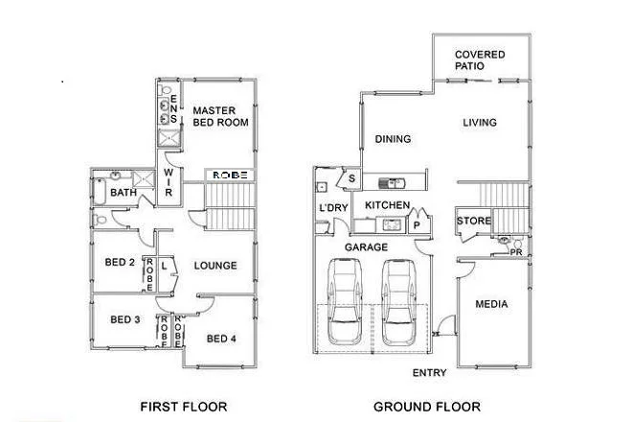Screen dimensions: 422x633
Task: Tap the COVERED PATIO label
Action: [480, 61]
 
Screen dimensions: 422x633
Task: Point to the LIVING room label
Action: [479, 122]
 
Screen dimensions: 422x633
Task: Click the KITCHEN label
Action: [388, 206]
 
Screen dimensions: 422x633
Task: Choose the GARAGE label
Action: [368, 246]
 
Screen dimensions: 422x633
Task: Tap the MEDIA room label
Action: [491, 305]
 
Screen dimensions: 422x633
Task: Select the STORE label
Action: [473, 222]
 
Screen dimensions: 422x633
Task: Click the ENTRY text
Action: [429, 372]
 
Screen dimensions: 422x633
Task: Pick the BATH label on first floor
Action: [123, 193]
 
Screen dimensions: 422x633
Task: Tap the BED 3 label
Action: [125, 319]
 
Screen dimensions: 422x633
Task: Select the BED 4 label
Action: [221, 338]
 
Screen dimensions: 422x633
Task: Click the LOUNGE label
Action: [215, 266]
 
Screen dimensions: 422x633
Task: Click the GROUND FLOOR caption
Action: [426, 406]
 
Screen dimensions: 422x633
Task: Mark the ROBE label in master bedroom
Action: [230, 176]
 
